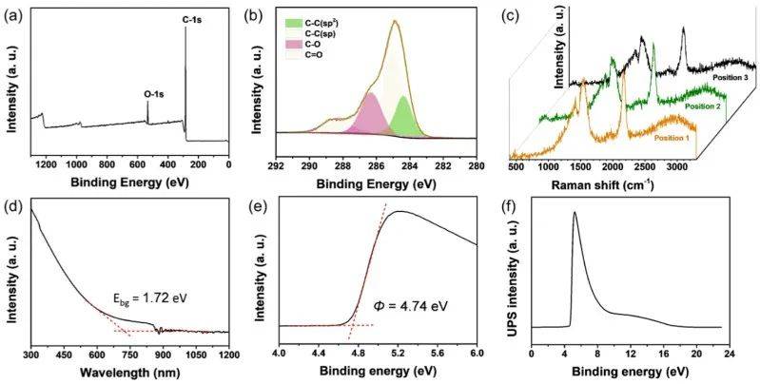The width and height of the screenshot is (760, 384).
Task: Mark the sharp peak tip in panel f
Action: point(574,213)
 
